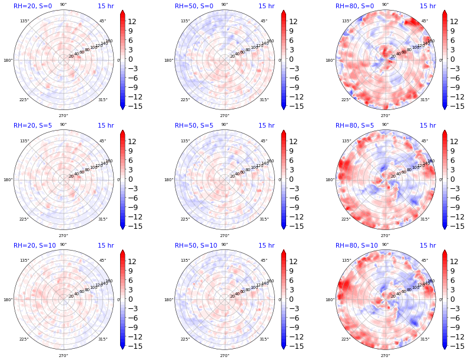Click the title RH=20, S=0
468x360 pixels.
click(33, 6)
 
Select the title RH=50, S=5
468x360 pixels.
click(194, 126)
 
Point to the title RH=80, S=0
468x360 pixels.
click(354, 6)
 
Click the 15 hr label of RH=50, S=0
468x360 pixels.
click(266, 6)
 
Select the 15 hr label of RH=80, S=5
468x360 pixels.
click(427, 126)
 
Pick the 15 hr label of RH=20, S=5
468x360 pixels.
click(105, 126)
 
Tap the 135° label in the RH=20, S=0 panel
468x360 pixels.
click(24, 21)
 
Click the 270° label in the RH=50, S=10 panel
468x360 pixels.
click(224, 355)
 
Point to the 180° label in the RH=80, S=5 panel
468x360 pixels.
click(330, 180)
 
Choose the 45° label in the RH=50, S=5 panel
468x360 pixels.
click(264, 141)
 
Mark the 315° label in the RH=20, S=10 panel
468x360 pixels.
click(103, 339)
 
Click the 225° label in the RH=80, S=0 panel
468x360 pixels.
click(346, 100)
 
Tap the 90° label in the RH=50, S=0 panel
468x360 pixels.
click(224, 5)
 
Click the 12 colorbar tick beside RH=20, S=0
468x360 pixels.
click(132, 22)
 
